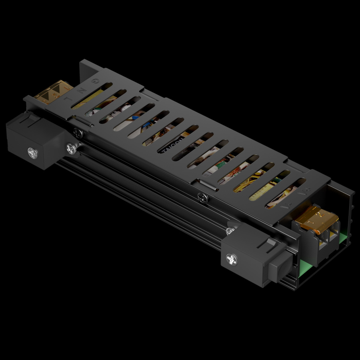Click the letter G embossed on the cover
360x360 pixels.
pos(94,81)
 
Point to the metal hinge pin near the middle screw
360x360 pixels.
pos(208,185)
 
